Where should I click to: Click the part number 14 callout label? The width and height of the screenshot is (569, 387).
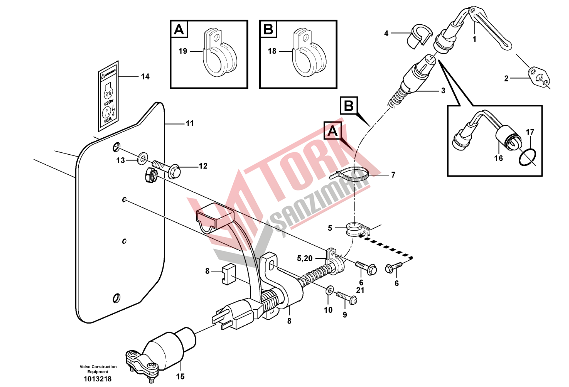point(145,77)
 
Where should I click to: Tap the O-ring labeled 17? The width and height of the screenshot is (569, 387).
point(527,156)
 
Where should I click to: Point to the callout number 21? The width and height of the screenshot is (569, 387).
point(361,290)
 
